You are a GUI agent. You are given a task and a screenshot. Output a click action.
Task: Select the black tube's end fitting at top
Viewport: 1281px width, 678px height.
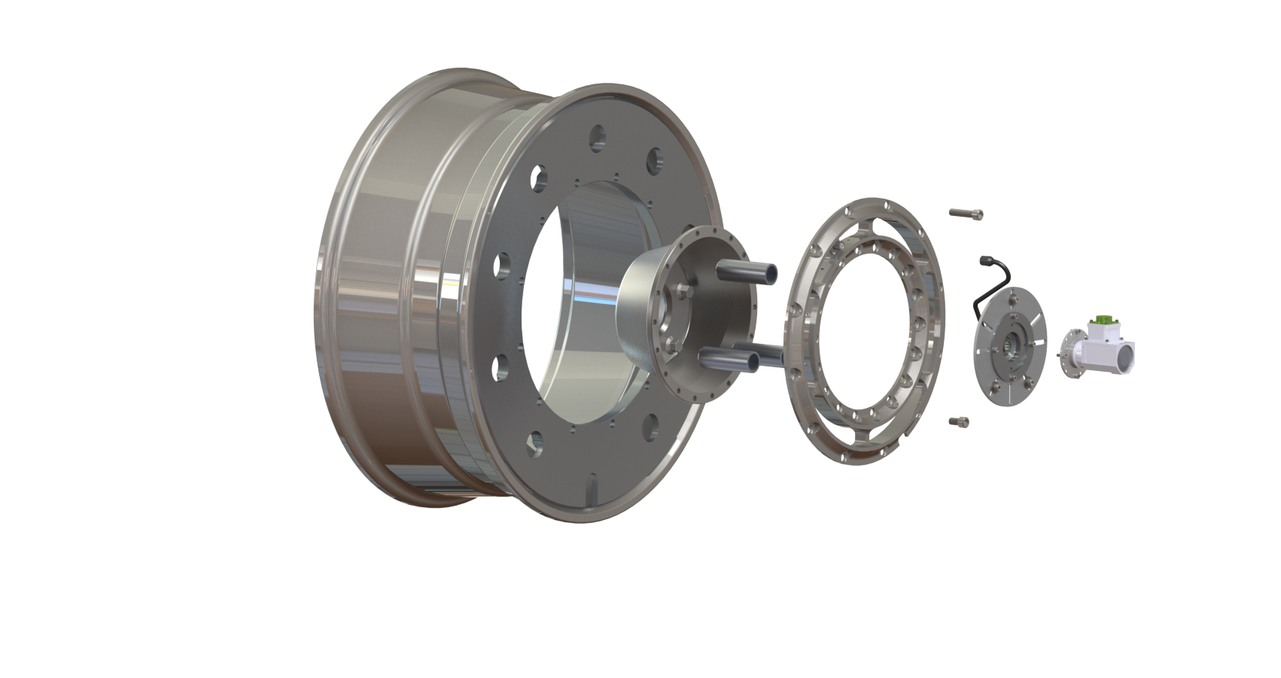(984, 260)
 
